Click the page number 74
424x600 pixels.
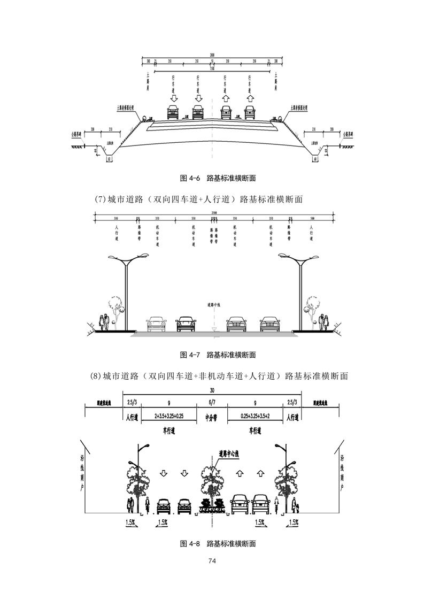click(x=212, y=560)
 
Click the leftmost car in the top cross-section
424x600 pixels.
click(x=173, y=112)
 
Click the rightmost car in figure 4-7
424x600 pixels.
click(x=270, y=324)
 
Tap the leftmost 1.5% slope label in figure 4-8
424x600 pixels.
click(x=131, y=521)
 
